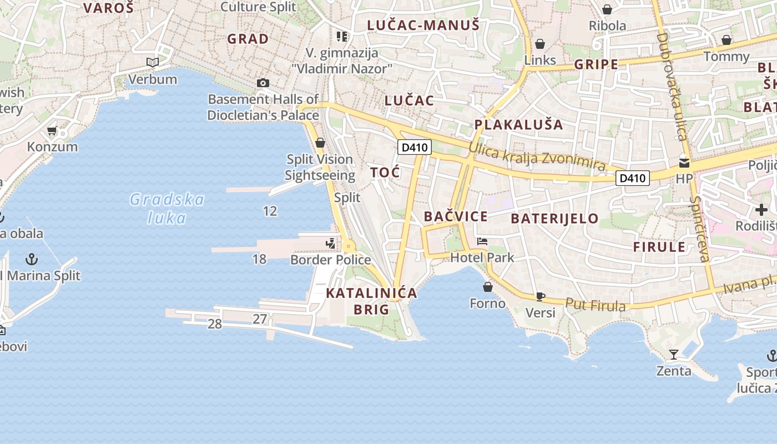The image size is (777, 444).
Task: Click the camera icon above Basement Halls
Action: point(263,83)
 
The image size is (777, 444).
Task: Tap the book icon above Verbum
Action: point(153,62)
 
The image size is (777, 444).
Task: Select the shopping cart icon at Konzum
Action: point(52,131)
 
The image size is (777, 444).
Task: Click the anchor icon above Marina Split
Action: point(32,259)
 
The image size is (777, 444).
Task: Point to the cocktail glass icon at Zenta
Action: point(674,354)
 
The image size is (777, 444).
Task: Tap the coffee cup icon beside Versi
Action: point(541,296)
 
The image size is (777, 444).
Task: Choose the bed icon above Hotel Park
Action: point(482,241)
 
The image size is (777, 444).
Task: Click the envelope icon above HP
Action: point(684,163)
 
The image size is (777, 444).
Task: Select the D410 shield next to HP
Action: point(633,178)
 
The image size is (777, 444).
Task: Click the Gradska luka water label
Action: point(167,208)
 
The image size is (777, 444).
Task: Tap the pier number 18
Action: point(259,259)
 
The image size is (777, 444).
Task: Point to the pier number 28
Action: point(215,324)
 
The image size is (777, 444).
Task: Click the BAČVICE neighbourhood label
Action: point(456,216)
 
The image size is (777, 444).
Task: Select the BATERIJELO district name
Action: point(554,218)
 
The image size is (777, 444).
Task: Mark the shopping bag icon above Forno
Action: point(488,287)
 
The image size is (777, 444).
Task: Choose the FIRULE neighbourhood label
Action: point(659,247)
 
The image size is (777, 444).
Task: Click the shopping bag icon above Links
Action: point(540,44)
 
